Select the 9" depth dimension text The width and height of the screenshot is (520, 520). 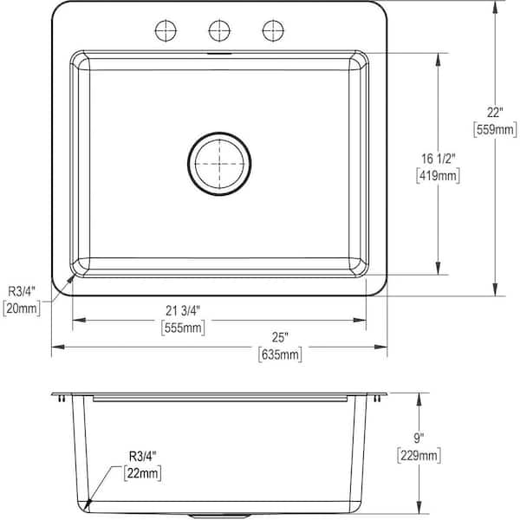(x=419, y=439)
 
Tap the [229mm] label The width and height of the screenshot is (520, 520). (x=419, y=455)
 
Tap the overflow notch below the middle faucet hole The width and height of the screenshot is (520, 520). (x=219, y=53)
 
